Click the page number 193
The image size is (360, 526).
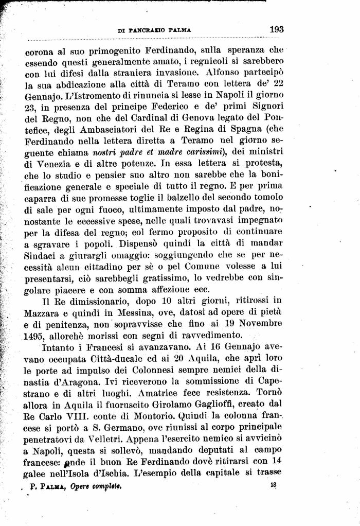click(277, 30)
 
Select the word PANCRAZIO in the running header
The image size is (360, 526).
click(144, 31)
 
